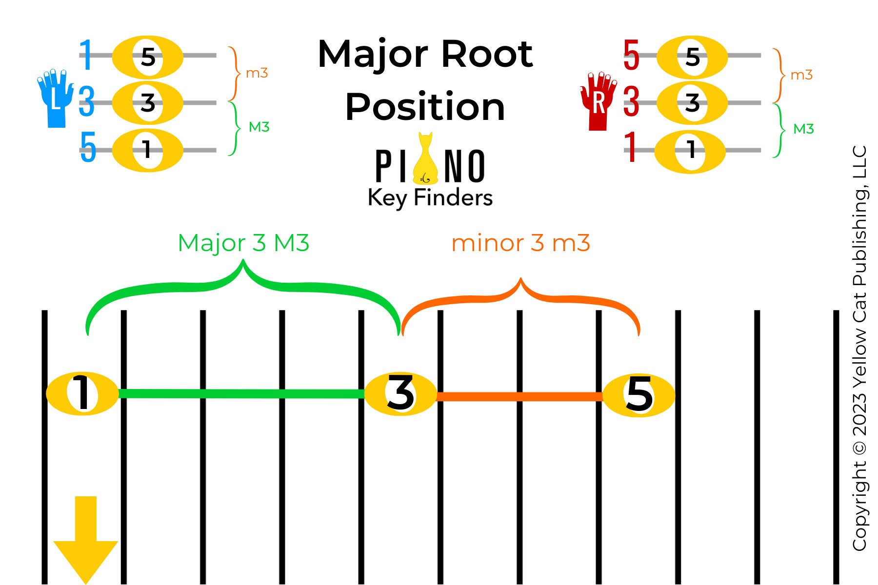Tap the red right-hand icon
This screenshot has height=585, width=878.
click(x=598, y=102)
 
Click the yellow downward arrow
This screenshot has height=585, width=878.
click(x=86, y=536)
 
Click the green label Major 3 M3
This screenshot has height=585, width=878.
click(x=243, y=243)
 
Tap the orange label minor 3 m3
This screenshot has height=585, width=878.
click(x=520, y=243)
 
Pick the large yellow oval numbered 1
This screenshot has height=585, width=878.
click(x=82, y=394)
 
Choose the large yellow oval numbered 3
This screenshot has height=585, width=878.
click(x=400, y=394)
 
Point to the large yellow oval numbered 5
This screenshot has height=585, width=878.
click(x=639, y=395)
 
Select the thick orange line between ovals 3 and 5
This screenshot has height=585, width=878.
click(x=519, y=396)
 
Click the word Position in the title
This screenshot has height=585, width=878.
click(x=424, y=107)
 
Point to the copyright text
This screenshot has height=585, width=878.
click(x=859, y=349)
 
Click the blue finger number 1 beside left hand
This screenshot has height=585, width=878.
click(x=86, y=55)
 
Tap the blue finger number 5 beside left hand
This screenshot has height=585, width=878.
click(x=88, y=147)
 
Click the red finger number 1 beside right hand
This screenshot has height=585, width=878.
click(x=631, y=147)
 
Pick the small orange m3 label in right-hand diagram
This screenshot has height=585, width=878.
click(x=801, y=75)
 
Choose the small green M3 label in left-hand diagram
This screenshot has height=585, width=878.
click(x=259, y=127)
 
